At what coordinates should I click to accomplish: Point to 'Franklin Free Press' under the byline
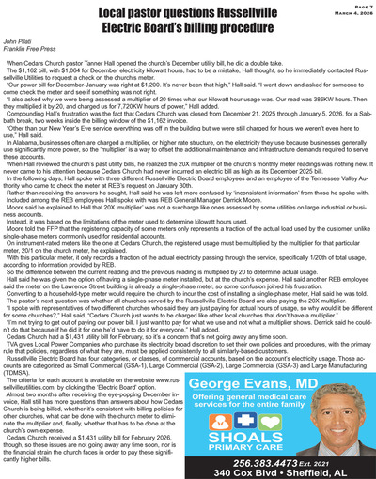(29, 54)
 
